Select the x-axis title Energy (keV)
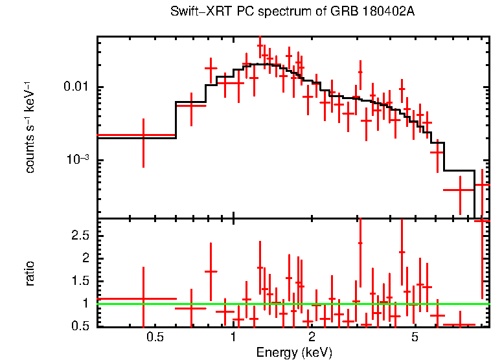click(294, 352)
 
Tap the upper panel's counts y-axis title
click(30, 127)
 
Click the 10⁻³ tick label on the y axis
click(78, 159)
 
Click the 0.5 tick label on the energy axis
click(154, 337)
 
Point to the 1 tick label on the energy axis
click(233, 337)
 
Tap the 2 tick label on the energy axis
click(312, 337)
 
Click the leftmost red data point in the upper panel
click(143, 135)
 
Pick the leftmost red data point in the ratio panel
click(143, 299)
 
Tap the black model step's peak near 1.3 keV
click(259, 64)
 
